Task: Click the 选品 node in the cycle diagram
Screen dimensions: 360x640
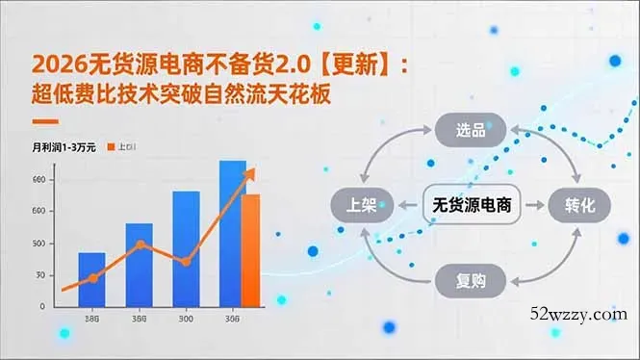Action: point(472,129)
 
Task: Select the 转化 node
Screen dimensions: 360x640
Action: point(581,205)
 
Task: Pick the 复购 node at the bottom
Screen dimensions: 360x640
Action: point(472,280)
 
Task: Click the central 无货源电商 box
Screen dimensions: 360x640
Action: point(472,205)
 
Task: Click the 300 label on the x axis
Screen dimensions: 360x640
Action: point(186,319)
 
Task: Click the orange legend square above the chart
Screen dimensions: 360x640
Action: point(111,147)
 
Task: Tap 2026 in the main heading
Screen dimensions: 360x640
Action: point(56,64)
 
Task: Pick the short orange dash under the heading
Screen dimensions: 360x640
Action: point(45,122)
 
